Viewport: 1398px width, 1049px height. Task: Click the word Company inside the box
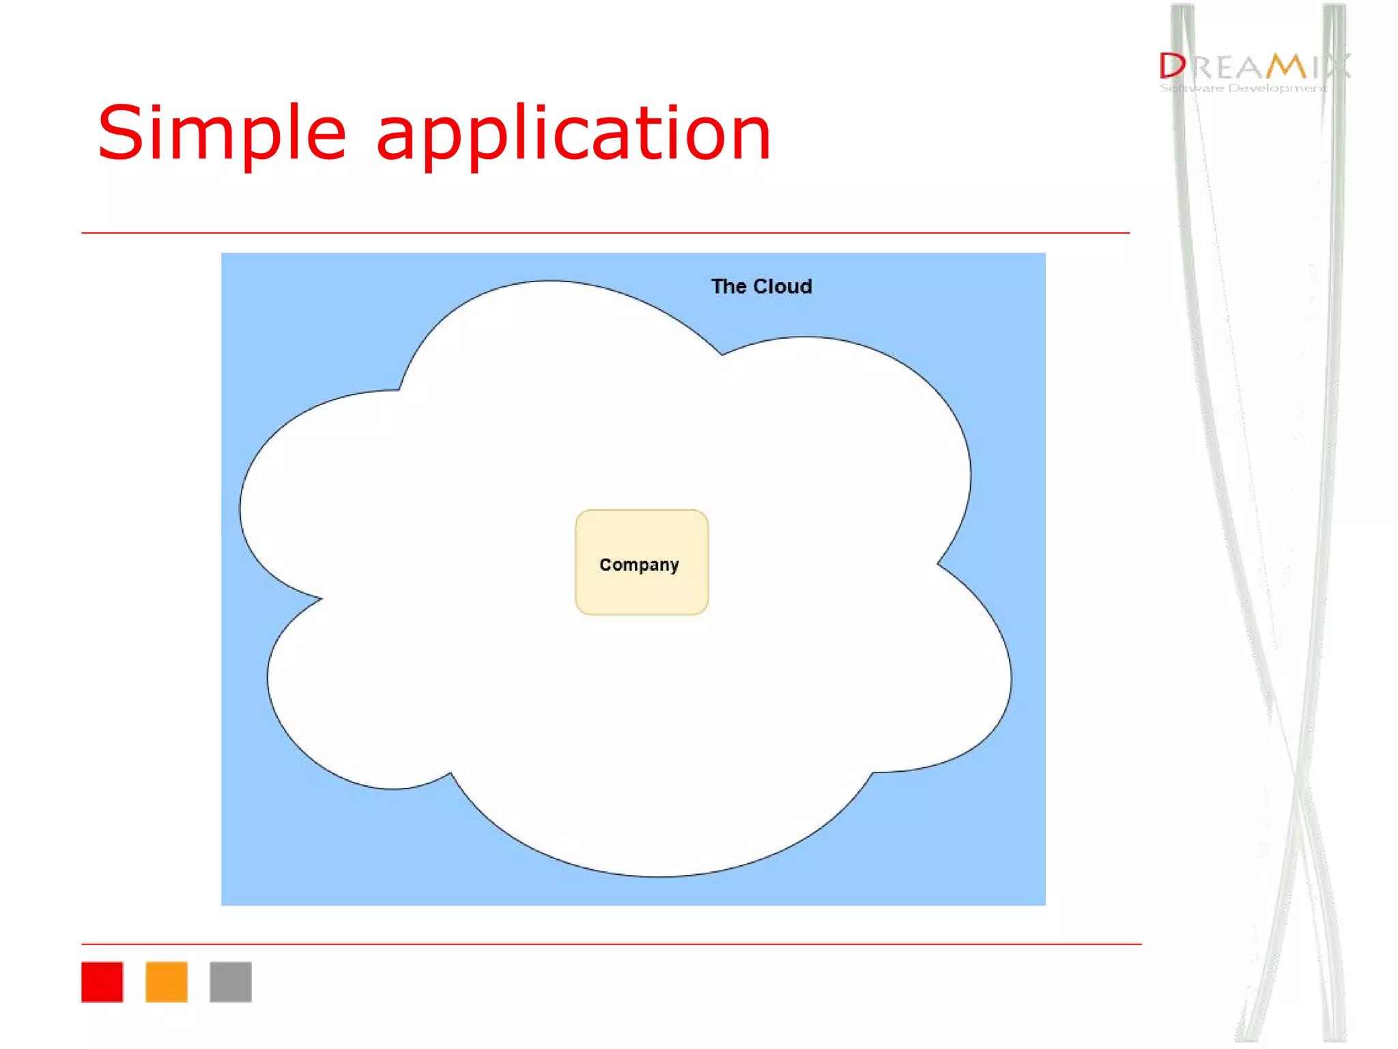point(639,565)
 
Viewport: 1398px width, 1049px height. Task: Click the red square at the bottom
point(102,981)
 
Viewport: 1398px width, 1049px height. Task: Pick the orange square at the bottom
point(167,981)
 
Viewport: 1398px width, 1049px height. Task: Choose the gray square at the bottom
point(231,981)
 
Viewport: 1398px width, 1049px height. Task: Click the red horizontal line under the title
point(605,233)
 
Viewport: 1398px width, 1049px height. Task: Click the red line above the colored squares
point(611,945)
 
